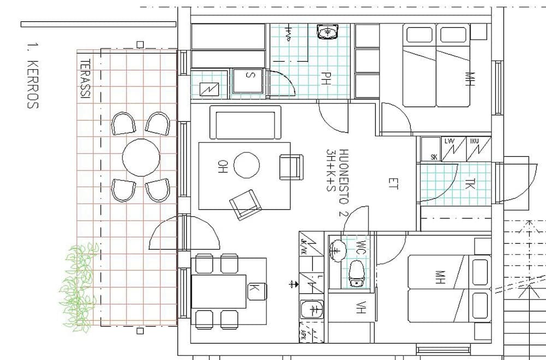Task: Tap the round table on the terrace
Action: click(141, 157)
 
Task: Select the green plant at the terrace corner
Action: click(78, 286)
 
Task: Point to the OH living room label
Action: click(222, 166)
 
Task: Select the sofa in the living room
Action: click(245, 123)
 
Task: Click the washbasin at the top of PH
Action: click(328, 32)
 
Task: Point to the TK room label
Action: click(470, 185)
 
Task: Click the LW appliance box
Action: click(450, 142)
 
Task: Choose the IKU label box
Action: click(474, 142)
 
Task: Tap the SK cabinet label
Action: click(434, 157)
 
